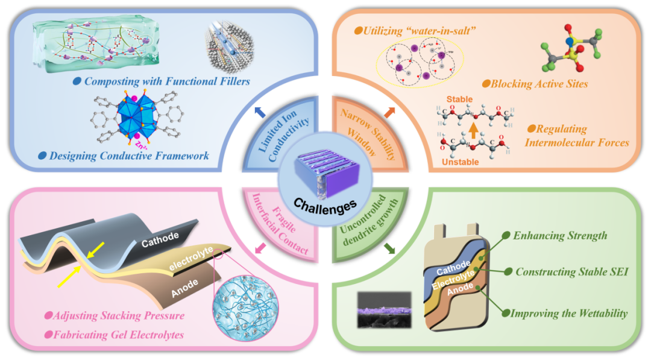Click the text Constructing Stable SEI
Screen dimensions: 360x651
coord(572,272)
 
